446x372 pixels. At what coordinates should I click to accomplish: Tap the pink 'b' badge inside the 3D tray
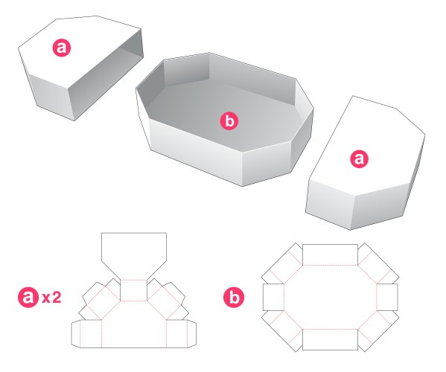click(x=230, y=119)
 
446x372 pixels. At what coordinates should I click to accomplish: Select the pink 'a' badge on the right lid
click(x=360, y=158)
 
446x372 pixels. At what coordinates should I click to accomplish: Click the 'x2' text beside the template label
click(x=51, y=298)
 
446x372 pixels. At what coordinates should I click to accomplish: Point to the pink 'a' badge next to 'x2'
click(x=28, y=298)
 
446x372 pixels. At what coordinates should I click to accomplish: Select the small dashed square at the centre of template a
click(x=134, y=290)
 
